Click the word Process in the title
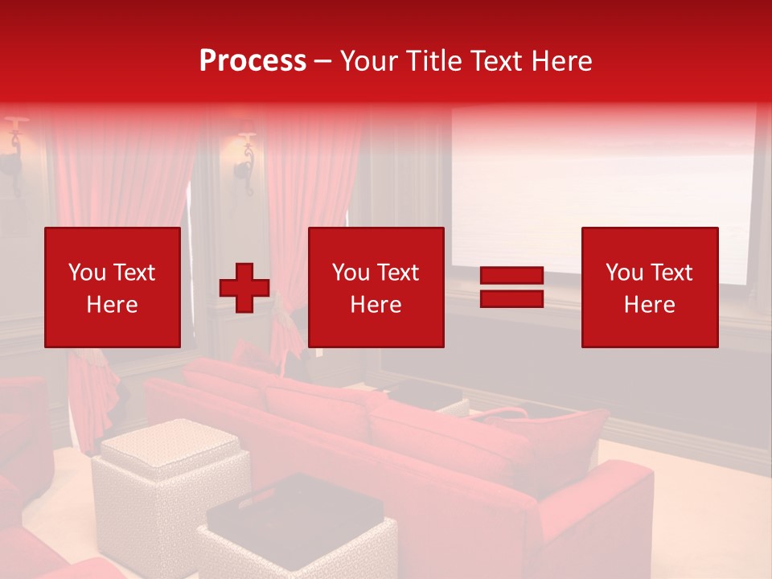click(x=253, y=60)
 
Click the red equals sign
click(x=512, y=288)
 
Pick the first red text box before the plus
click(x=113, y=287)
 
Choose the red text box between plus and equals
click(x=376, y=287)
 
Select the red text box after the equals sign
click(x=650, y=287)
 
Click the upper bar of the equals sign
click(x=512, y=277)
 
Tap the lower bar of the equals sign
click(x=512, y=298)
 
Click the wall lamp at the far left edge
click(x=13, y=153)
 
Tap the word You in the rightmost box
click(x=624, y=273)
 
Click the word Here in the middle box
click(x=376, y=305)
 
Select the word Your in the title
click(x=370, y=60)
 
